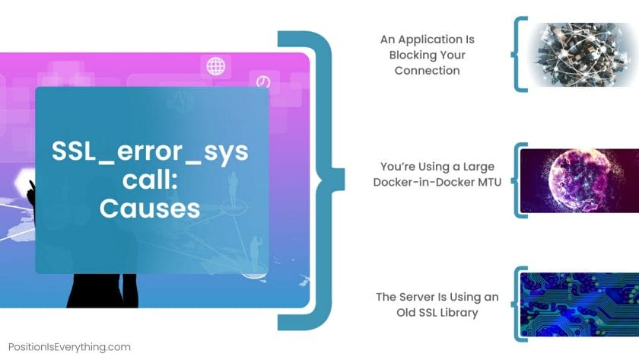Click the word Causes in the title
[x=150, y=209]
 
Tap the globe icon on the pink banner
[x=215, y=66]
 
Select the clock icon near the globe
[x=263, y=82]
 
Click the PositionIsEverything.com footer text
[x=69, y=347]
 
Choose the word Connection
[x=427, y=70]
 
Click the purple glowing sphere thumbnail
[x=580, y=180]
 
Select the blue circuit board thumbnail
[x=580, y=304]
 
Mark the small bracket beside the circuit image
[x=514, y=304]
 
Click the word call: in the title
[x=151, y=180]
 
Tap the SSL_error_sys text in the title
[x=150, y=151]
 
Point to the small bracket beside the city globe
[x=514, y=54]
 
